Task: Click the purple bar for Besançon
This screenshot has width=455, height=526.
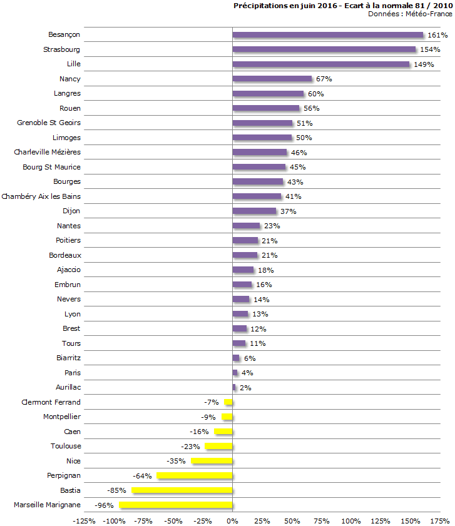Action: pyautogui.click(x=328, y=34)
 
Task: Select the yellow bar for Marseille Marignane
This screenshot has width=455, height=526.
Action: pyautogui.click(x=176, y=505)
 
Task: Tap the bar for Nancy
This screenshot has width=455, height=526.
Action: pyautogui.click(x=272, y=79)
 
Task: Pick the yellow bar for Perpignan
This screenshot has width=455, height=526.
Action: pyautogui.click(x=195, y=475)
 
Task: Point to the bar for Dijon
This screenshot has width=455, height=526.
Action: pyautogui.click(x=254, y=211)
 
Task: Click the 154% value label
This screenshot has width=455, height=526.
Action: pyautogui.click(x=430, y=49)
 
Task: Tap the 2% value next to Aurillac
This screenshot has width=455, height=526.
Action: pyautogui.click(x=245, y=388)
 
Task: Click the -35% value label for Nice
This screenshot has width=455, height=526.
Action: pyautogui.click(x=178, y=461)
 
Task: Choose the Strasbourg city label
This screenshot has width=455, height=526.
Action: pyautogui.click(x=62, y=49)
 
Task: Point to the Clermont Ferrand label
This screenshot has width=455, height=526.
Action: pyautogui.click(x=51, y=402)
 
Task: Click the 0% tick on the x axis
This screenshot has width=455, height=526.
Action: pyautogui.click(x=232, y=520)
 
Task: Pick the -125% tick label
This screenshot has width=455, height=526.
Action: pyautogui.click(x=84, y=520)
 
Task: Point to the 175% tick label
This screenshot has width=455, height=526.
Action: pyautogui.click(x=440, y=520)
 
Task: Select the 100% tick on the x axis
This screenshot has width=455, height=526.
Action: pyautogui.click(x=351, y=520)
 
